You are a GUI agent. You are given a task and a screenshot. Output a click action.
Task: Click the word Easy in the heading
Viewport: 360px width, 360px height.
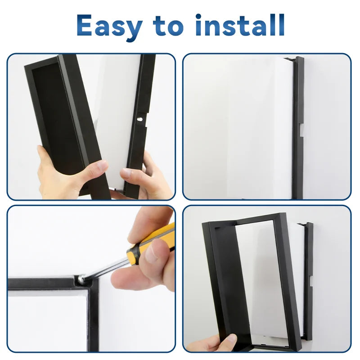[x=112, y=26]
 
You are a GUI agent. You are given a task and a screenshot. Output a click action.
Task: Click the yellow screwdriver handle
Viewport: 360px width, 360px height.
[x=151, y=243]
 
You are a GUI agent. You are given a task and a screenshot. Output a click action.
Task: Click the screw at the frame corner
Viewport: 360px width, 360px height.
[x=81, y=279]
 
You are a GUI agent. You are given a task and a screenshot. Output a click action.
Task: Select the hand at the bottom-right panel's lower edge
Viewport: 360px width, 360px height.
[x=215, y=343]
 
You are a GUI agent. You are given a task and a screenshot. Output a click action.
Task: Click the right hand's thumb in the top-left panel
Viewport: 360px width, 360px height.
[x=130, y=174]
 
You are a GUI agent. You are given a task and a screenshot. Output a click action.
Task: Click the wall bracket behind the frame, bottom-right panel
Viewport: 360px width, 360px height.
[x=309, y=279]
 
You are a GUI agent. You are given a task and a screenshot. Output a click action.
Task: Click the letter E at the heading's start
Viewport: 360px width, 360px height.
[x=87, y=25]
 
